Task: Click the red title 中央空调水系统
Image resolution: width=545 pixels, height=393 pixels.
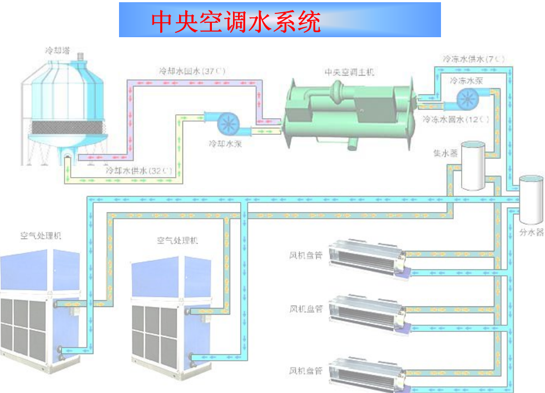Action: pos(236,22)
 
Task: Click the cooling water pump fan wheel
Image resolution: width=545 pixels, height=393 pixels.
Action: pos(227,123)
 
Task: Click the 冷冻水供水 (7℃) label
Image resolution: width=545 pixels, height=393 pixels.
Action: pos(474,58)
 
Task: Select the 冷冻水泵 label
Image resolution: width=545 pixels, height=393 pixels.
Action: pos(466,80)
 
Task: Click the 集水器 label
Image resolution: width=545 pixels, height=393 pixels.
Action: pos(445,153)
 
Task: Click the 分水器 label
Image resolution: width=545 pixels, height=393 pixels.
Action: pos(531,233)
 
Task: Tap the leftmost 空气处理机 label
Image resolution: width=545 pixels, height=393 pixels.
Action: pos(41,235)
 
